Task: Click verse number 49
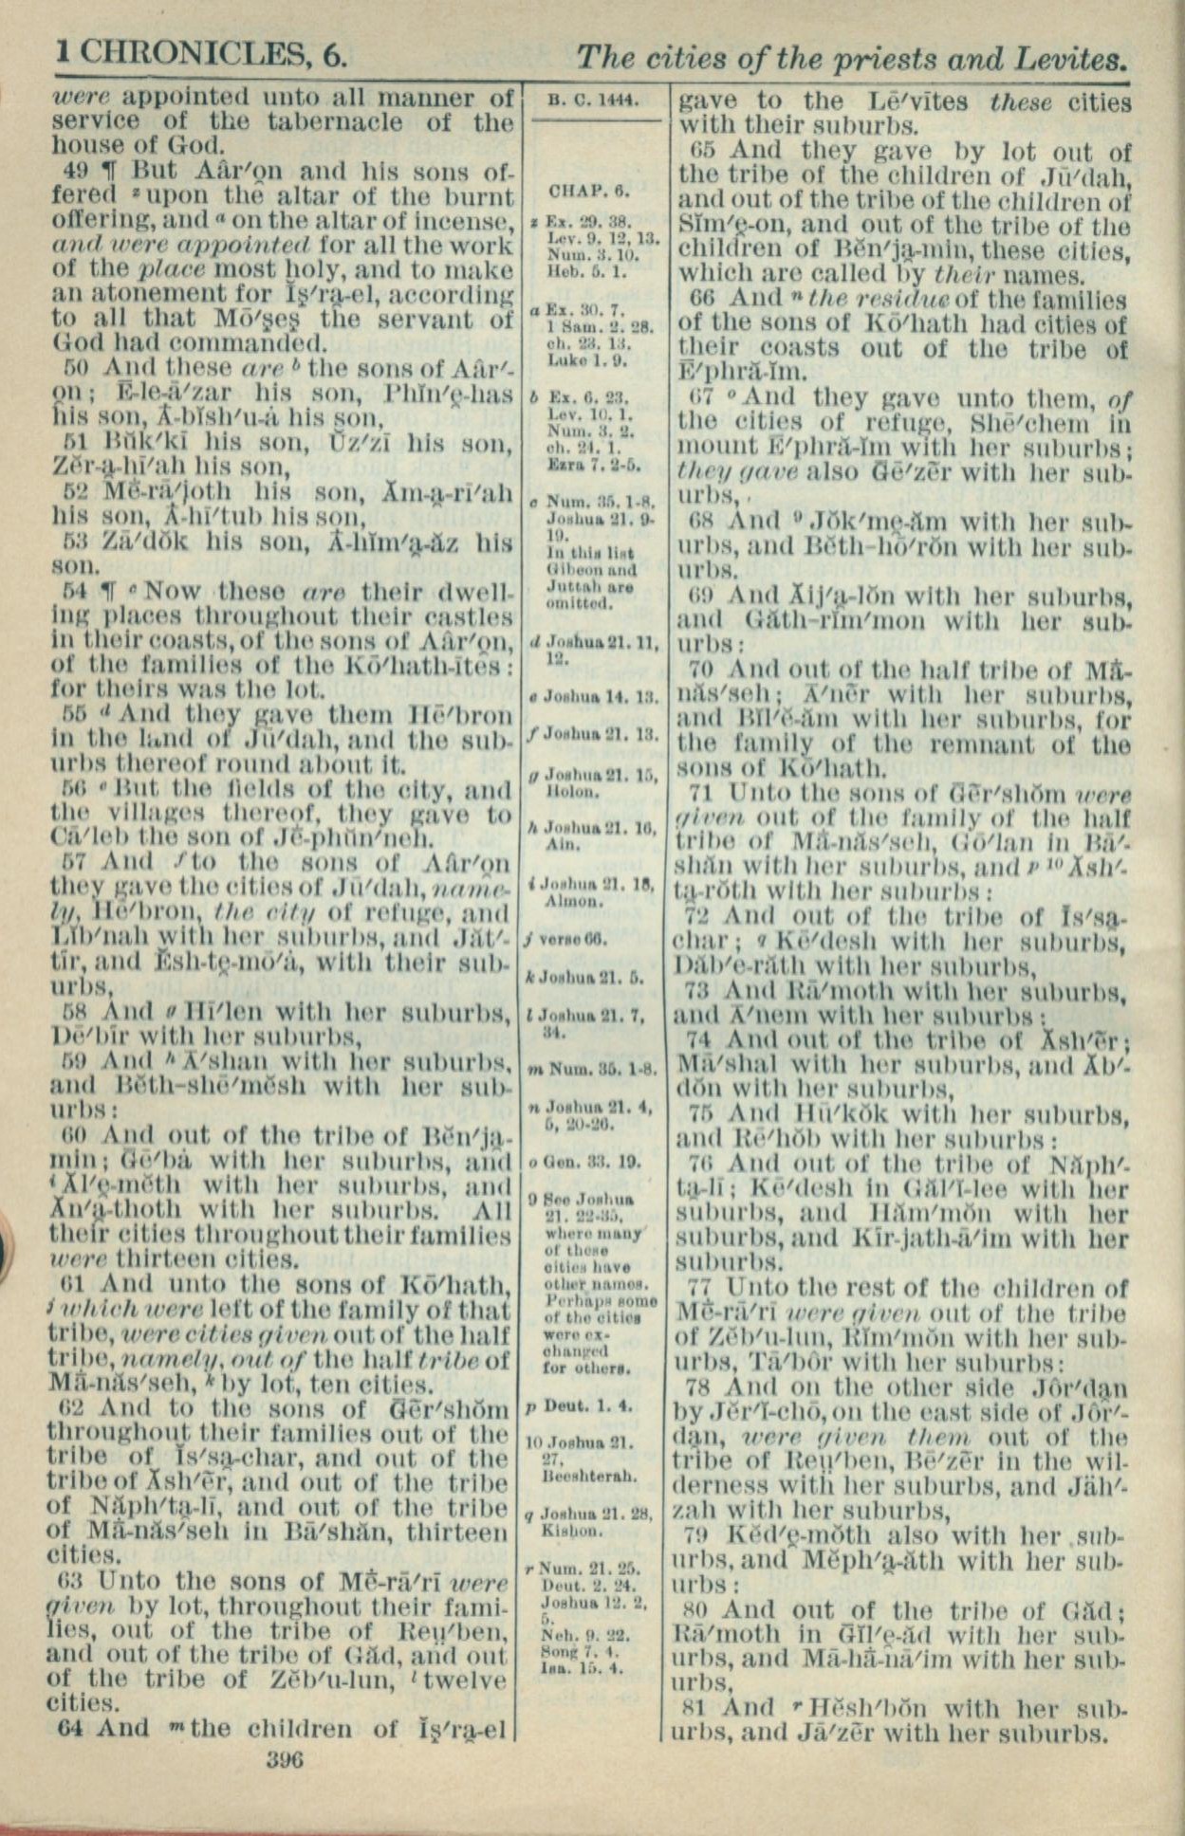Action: (78, 173)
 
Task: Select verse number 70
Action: (702, 670)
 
